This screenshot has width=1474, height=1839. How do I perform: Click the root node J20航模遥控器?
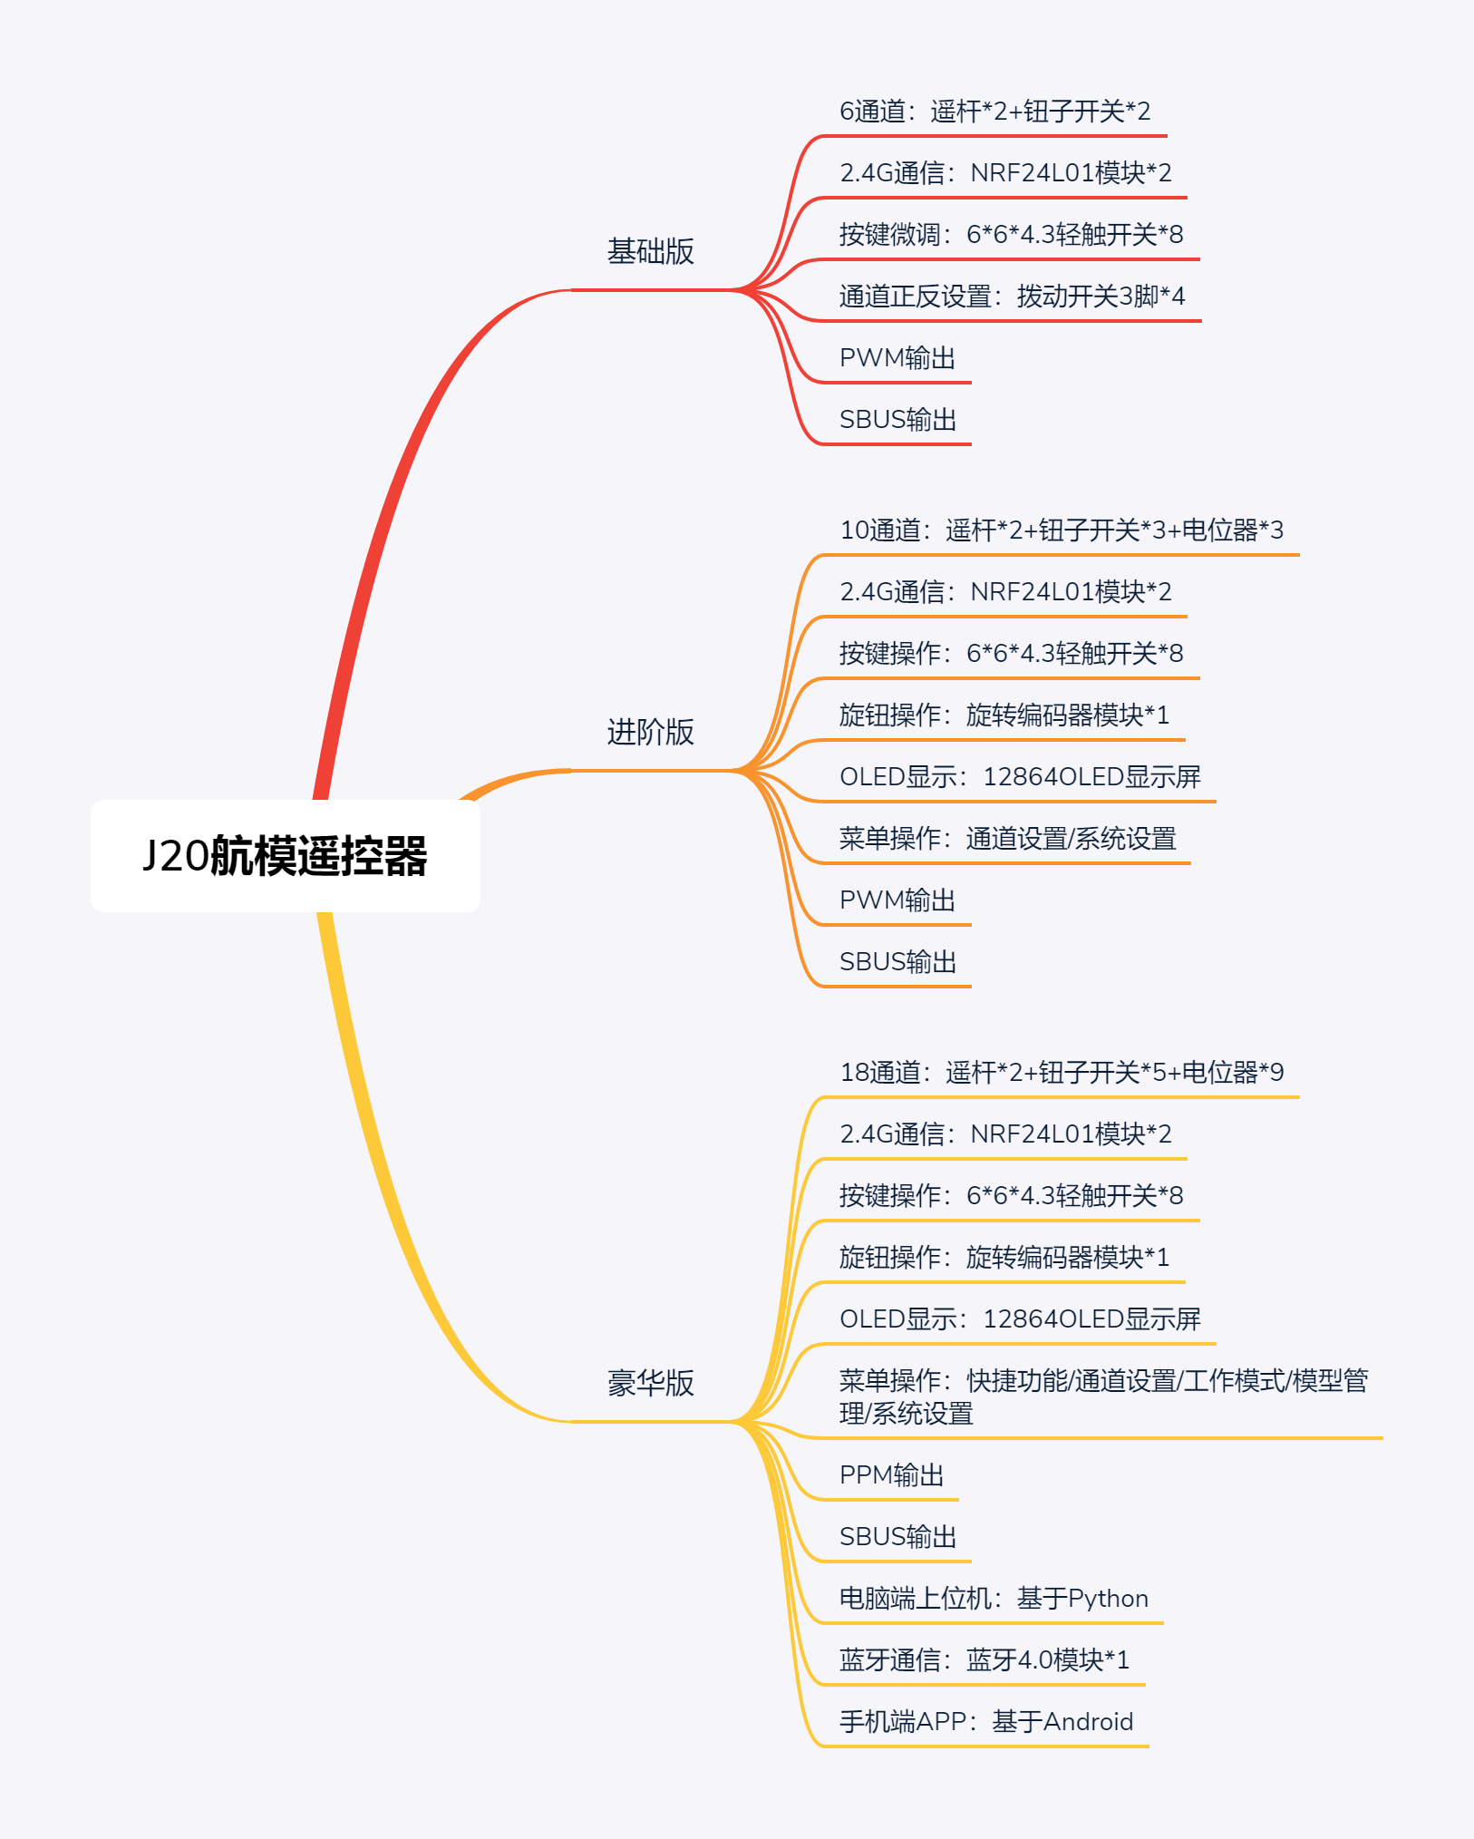click(285, 856)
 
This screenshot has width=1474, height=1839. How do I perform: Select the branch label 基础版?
click(650, 251)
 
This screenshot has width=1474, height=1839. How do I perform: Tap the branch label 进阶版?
click(650, 732)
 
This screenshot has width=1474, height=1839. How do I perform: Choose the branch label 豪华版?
click(650, 1383)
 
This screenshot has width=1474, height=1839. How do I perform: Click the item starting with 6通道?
click(994, 112)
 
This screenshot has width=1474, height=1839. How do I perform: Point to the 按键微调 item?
click(1011, 235)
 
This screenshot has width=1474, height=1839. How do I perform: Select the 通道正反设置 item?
click(1012, 297)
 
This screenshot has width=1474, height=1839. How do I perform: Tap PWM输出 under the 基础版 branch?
click(897, 358)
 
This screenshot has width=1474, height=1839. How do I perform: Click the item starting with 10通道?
click(1062, 530)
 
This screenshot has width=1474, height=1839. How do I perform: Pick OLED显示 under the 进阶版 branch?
click(1020, 777)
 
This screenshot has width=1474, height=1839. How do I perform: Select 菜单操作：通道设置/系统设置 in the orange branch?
click(1007, 839)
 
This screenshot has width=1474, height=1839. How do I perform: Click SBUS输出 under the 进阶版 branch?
click(897, 962)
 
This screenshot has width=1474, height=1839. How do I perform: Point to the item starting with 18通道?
click(1062, 1073)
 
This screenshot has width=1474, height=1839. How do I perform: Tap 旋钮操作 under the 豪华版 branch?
click(1004, 1258)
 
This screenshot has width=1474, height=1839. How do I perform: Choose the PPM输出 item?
click(891, 1475)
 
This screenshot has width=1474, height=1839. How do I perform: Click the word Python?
click(1108, 1599)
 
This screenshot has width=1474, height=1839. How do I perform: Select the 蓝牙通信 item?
click(984, 1660)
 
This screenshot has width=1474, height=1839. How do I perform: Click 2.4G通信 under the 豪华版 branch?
click(1005, 1134)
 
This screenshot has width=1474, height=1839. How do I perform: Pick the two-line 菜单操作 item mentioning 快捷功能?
click(1102, 1396)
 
